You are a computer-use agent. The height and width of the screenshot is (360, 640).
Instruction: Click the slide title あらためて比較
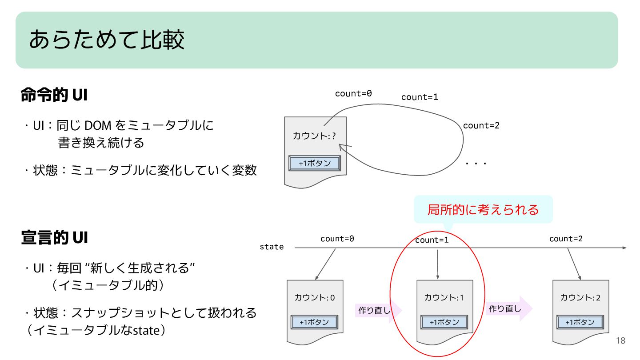(x=107, y=40)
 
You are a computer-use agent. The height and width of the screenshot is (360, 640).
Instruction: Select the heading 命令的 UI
(x=54, y=95)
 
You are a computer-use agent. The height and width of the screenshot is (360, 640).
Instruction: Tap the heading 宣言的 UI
(x=54, y=238)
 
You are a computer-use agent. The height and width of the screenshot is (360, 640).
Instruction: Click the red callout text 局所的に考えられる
(x=483, y=209)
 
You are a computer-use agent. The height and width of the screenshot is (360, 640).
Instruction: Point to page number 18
(x=620, y=341)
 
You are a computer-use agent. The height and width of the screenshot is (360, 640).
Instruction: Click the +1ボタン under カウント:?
(x=315, y=163)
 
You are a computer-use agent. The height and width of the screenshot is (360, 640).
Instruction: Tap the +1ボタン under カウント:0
(x=314, y=322)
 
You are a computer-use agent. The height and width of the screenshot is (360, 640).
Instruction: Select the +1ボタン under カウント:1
(x=444, y=322)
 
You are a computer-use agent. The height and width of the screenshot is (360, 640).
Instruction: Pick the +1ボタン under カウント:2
(x=580, y=322)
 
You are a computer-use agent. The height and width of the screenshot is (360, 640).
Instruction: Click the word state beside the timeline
(x=272, y=247)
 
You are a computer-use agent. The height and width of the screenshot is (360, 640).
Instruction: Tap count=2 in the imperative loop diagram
(x=481, y=125)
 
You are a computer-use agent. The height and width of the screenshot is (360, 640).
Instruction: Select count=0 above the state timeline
(x=337, y=239)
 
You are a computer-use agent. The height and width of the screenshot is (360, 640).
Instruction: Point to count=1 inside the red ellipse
(x=432, y=240)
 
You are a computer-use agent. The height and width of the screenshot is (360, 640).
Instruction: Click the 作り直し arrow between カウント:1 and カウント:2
(x=508, y=308)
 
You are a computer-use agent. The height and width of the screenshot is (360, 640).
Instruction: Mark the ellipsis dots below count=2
(x=476, y=164)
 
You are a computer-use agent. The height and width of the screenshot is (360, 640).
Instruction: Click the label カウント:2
(x=580, y=297)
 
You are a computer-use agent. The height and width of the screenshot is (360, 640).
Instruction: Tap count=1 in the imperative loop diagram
(x=420, y=97)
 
